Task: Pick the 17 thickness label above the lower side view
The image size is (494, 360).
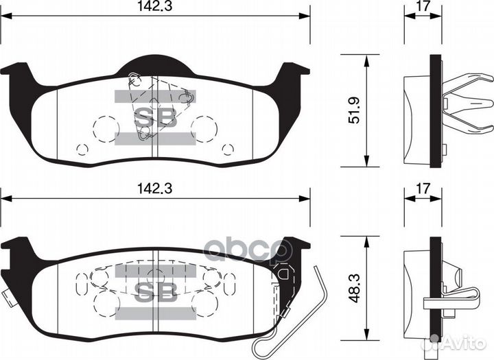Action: pos(423,188)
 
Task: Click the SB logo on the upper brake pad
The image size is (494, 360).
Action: pos(154,117)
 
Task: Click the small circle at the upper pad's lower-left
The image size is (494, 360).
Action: pos(82,149)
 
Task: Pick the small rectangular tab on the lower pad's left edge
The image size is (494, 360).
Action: pos(7,298)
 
